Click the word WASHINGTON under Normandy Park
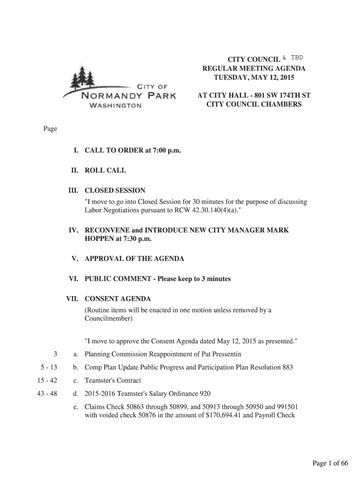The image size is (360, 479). coord(115,106)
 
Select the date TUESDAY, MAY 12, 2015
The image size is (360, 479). coord(254,78)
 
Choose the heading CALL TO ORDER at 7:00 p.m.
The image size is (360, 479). coord(132,151)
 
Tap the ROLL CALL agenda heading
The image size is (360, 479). coord(105,170)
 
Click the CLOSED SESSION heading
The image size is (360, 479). coord(115,190)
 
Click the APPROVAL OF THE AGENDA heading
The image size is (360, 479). coord(134,259)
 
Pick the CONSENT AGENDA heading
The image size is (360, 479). coord(117,299)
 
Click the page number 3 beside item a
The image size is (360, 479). coord(55,354)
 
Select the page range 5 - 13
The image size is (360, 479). coord(47,367)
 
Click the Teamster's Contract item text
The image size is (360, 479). coord(113,380)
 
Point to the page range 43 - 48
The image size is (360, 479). coord(47,393)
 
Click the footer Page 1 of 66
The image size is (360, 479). coord(331,464)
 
